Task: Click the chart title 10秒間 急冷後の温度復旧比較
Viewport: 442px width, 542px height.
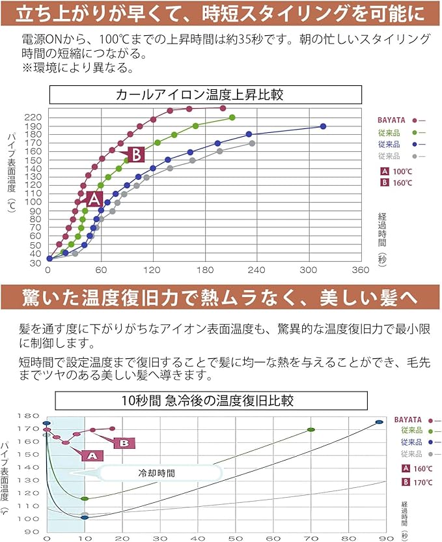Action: [x=211, y=399]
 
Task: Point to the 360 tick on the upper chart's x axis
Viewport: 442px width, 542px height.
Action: [x=360, y=270]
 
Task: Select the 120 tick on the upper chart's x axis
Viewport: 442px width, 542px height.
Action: [x=152, y=270]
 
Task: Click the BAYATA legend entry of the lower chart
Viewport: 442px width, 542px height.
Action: [x=408, y=420]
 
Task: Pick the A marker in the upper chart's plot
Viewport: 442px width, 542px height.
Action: [x=94, y=199]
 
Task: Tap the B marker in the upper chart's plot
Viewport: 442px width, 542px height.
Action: [x=135, y=154]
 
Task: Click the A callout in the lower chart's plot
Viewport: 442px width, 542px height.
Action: [x=92, y=455]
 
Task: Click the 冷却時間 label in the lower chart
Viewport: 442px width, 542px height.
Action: [x=157, y=473]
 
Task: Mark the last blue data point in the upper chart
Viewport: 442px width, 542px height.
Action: [x=323, y=126]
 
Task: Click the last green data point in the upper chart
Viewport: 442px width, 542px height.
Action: [x=232, y=117]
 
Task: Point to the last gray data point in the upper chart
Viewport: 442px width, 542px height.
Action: [x=252, y=143]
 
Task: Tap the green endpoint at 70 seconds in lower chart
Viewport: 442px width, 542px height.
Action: [x=311, y=430]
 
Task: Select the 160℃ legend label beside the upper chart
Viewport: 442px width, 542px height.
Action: [x=402, y=183]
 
